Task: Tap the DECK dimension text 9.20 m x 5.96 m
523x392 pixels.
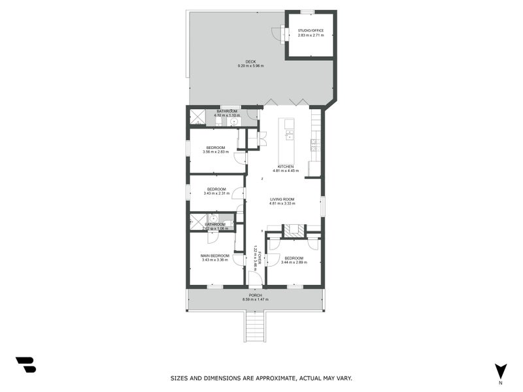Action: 251,66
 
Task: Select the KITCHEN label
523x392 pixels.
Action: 285,166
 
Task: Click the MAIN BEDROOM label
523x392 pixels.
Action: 215,255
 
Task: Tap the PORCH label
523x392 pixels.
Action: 255,295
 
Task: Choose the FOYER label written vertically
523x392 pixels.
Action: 260,258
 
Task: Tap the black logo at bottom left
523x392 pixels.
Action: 25,365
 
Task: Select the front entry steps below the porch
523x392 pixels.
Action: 255,326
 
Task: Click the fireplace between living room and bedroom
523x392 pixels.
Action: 294,230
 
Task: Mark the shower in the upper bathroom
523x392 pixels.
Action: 197,117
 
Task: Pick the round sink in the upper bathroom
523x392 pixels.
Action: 233,121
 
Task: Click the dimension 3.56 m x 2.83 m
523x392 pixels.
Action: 216,152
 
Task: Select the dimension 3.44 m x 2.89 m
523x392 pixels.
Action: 294,262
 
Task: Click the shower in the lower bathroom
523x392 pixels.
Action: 197,221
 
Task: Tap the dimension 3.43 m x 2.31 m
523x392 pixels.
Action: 216,193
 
